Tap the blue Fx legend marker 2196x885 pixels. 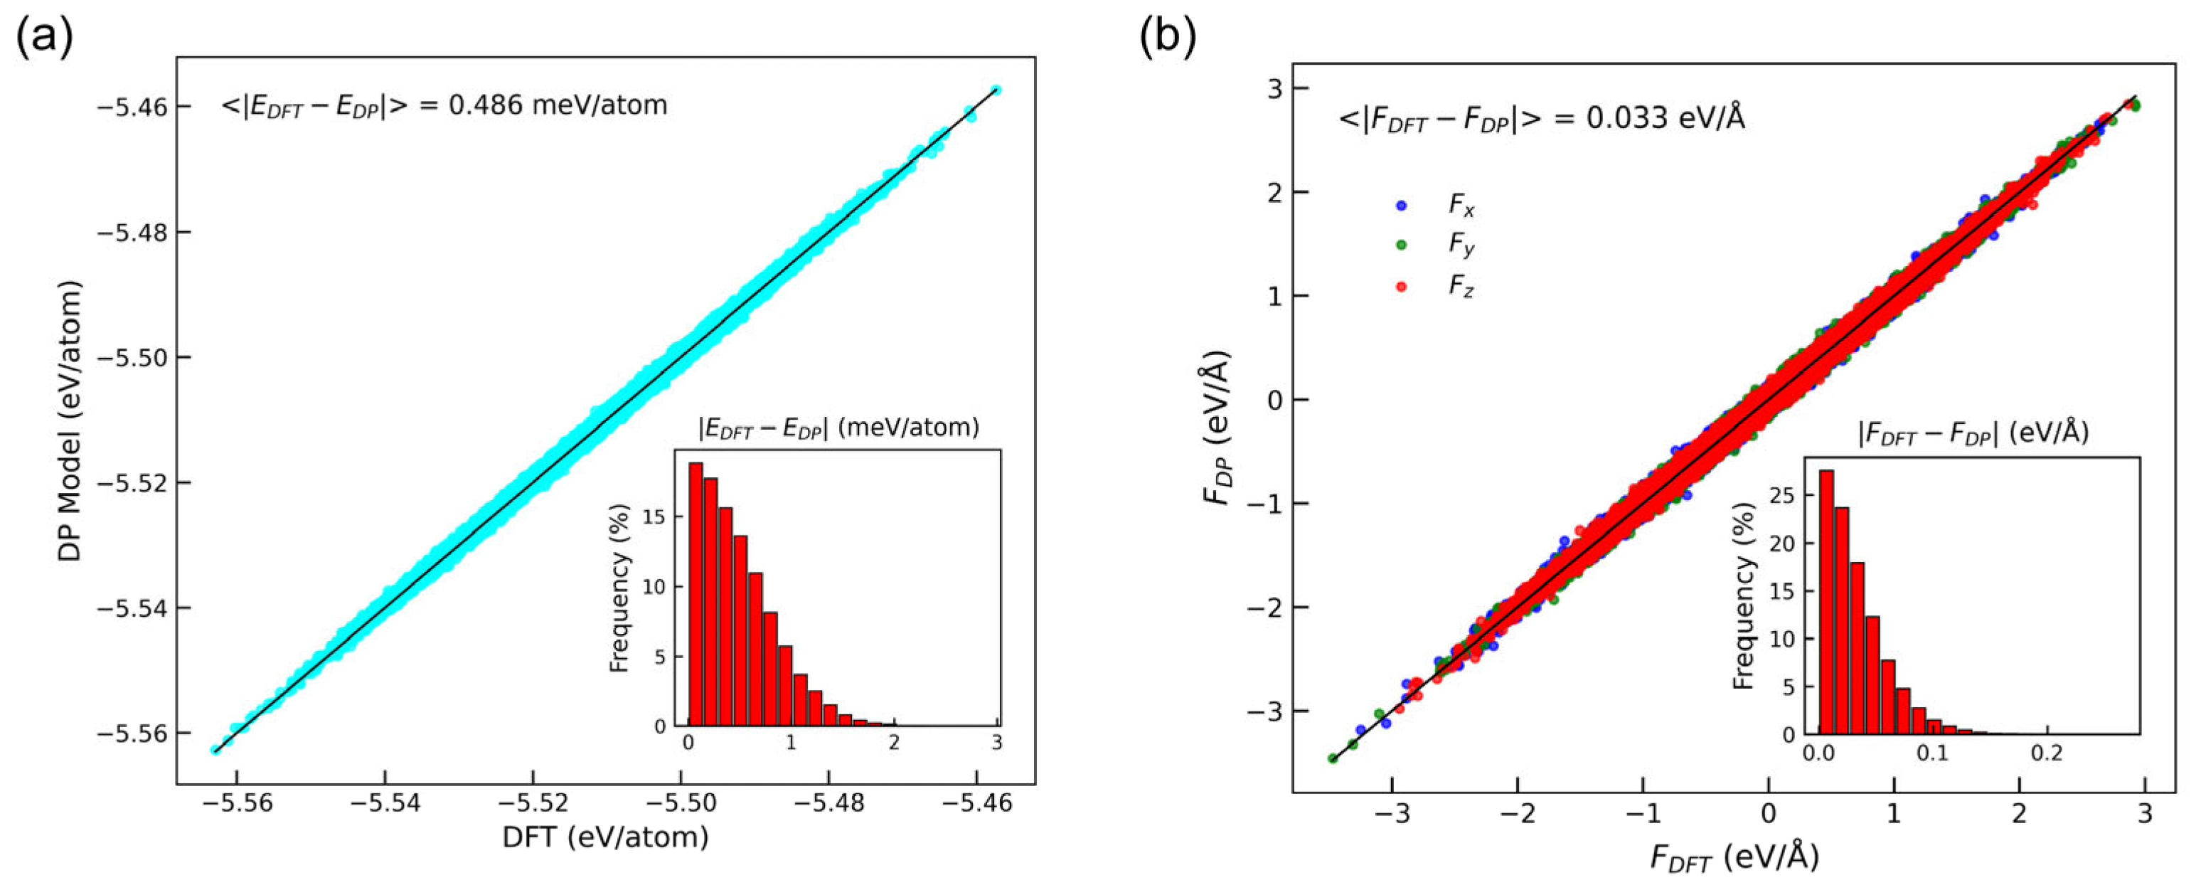1401,206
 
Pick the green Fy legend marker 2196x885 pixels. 1401,245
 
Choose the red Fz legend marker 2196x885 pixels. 1401,287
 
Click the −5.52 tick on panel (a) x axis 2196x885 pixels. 533,803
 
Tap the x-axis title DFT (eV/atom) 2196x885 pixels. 605,837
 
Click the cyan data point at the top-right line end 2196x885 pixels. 995,90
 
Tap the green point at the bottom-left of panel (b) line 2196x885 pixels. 1333,758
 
